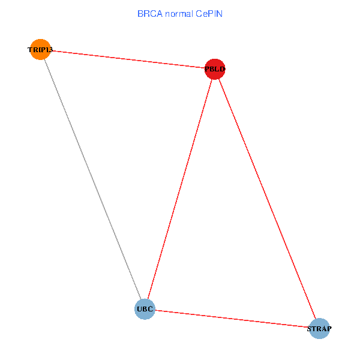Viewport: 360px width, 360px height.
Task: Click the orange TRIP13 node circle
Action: [x=40, y=49]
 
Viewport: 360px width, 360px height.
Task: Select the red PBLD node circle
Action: [x=214, y=69]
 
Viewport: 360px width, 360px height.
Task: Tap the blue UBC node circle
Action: [x=145, y=309]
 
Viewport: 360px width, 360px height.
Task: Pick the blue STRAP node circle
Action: [x=319, y=328]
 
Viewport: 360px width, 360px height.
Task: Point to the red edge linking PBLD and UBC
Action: [x=179, y=189]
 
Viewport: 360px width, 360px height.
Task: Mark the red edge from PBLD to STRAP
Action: [x=266, y=198]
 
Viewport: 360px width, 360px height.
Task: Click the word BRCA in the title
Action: [x=148, y=13]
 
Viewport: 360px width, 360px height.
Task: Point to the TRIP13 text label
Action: [x=40, y=50]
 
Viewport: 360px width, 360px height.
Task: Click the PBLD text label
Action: [x=214, y=70]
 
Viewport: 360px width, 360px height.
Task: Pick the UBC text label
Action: [x=145, y=310]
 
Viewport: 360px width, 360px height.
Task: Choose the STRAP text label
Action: [x=319, y=329]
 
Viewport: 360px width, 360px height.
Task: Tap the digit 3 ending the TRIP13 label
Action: [x=50, y=50]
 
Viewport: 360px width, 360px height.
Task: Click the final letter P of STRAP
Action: [x=329, y=329]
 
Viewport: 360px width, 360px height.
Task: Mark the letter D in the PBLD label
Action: [x=222, y=70]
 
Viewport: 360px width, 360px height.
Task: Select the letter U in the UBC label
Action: [x=140, y=310]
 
